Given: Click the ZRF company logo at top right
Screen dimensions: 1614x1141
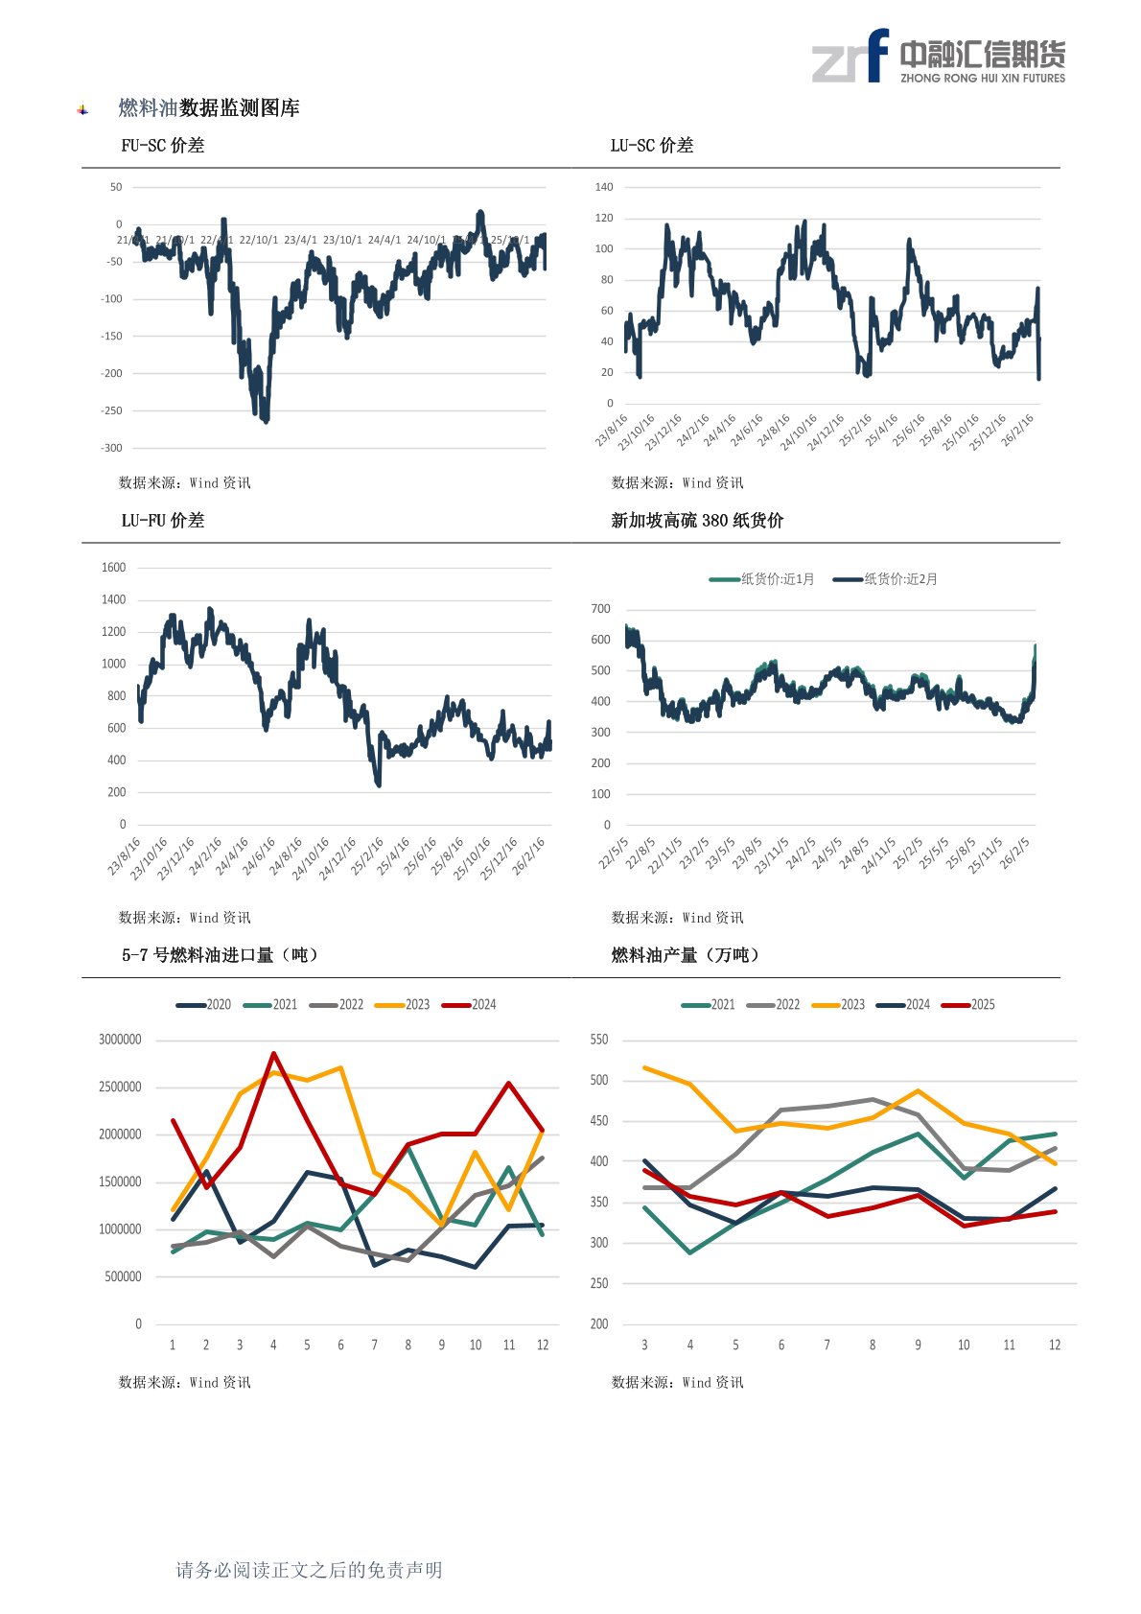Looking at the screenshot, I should click(938, 57).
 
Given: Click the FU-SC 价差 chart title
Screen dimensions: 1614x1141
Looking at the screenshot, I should click(162, 146).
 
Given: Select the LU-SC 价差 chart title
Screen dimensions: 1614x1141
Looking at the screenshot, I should click(651, 146).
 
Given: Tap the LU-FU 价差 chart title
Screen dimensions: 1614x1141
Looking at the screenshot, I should click(162, 521).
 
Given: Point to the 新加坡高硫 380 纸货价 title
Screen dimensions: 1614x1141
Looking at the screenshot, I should click(697, 521).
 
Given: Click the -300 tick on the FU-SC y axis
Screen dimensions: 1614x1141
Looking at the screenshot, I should click(112, 448).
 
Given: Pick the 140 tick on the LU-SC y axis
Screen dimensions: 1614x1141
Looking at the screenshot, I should click(603, 187).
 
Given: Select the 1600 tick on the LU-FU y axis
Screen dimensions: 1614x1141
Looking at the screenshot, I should click(113, 568).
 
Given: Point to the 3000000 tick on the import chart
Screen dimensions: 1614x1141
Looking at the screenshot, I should click(120, 1040).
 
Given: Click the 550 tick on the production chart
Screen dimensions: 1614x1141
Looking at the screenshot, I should click(599, 1040).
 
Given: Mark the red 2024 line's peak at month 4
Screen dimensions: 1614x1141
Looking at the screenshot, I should click(274, 1054).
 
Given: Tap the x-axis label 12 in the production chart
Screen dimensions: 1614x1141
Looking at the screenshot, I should click(1055, 1345).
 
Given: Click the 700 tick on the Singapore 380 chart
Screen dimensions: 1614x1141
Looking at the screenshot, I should click(601, 609).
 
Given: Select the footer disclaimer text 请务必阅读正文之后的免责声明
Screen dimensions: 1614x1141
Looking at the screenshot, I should click(309, 1570).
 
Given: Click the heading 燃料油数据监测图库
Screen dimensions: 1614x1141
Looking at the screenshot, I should click(209, 108).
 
